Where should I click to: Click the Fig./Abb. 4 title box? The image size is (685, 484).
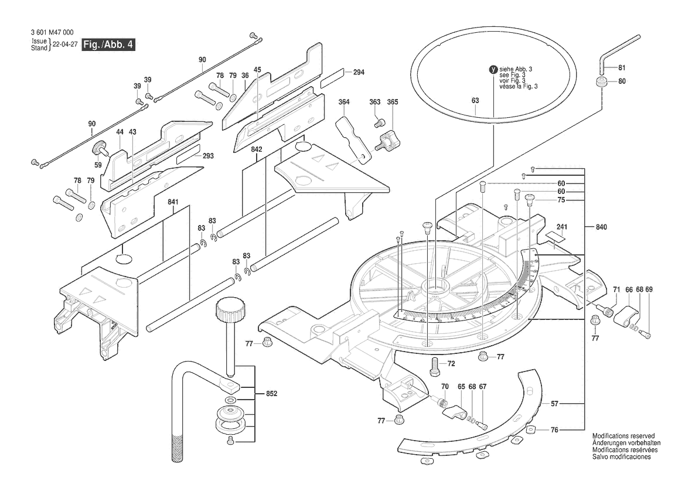click(x=108, y=45)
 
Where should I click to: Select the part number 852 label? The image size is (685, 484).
click(x=272, y=394)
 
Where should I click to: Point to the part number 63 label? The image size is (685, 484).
click(x=475, y=100)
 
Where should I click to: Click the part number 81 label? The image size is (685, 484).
click(x=622, y=67)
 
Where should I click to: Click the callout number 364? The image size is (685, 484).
click(x=344, y=103)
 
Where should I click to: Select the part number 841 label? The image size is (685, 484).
click(x=172, y=202)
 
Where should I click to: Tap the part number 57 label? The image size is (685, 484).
click(x=554, y=404)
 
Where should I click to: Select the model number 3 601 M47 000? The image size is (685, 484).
click(x=52, y=32)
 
